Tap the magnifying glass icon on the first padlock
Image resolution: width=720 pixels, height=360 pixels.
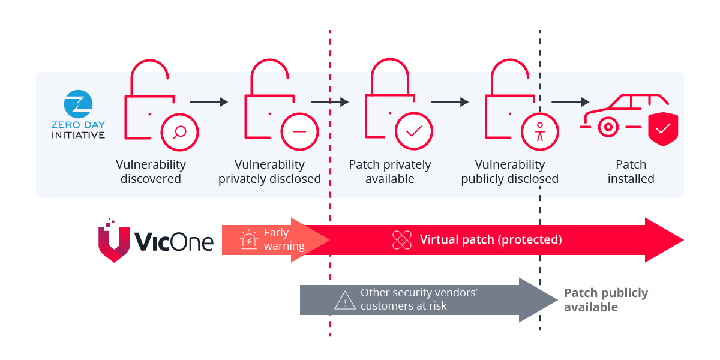click(x=179, y=130)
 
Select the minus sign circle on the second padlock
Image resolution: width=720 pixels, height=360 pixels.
click(x=299, y=131)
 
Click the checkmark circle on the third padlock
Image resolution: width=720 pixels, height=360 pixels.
click(x=414, y=130)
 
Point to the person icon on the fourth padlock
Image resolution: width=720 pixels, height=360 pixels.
click(x=540, y=131)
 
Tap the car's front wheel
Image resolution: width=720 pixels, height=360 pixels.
click(x=607, y=127)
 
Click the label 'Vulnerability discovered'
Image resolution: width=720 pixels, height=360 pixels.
click(x=151, y=172)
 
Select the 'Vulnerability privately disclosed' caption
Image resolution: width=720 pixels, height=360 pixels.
click(x=269, y=172)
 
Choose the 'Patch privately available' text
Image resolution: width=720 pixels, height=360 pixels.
click(x=390, y=172)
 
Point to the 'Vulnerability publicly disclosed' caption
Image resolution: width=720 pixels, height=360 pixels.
click(x=510, y=172)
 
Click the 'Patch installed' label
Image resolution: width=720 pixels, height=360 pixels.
click(x=631, y=172)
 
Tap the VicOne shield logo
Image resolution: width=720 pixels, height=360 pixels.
click(x=114, y=240)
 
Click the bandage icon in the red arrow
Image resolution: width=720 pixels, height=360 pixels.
click(x=401, y=240)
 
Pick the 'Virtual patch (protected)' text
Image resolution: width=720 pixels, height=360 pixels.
click(x=491, y=240)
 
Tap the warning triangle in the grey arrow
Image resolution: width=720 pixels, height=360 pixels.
click(x=345, y=300)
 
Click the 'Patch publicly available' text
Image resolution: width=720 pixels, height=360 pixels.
click(x=606, y=300)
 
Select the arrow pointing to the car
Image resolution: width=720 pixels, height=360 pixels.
click(x=570, y=102)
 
